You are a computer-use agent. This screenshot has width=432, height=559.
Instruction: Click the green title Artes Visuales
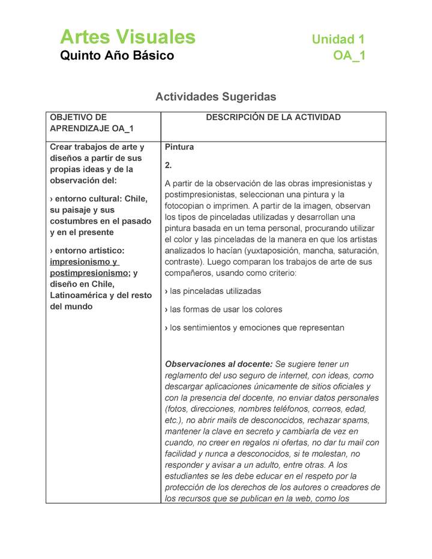point(127,37)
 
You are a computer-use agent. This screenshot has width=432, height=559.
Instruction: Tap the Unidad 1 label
point(338,40)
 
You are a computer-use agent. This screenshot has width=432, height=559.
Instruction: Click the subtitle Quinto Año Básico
point(117,56)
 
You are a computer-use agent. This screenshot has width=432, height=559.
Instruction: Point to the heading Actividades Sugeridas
point(215,97)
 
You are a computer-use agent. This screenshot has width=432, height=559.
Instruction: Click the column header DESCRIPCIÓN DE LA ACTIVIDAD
point(273,118)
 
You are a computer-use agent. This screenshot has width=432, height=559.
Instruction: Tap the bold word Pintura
point(179,147)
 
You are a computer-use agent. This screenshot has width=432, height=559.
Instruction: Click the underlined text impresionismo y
point(84,262)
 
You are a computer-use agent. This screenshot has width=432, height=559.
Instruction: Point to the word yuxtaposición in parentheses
point(281,250)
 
